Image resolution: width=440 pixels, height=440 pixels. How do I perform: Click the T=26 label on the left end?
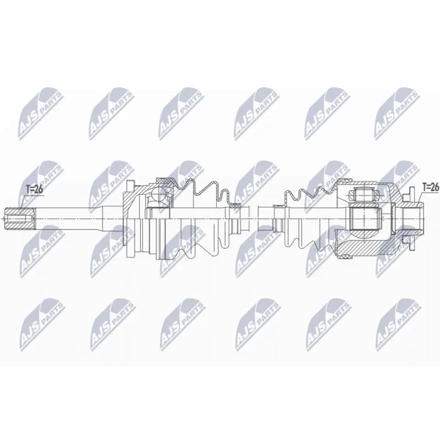[34, 190]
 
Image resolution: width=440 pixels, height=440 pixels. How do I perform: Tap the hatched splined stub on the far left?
[20, 218]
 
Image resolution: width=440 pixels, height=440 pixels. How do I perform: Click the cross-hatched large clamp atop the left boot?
[165, 180]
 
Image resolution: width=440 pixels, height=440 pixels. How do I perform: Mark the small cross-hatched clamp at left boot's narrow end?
[235, 206]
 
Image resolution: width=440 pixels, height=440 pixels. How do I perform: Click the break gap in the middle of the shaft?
[254, 218]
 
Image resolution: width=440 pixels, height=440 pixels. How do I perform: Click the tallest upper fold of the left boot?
[191, 185]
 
